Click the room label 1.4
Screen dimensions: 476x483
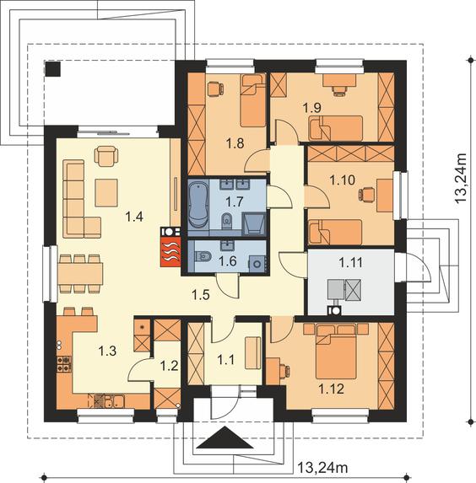[x=134, y=217]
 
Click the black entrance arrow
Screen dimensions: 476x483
[x=224, y=437]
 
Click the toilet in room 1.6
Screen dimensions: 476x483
[x=203, y=256]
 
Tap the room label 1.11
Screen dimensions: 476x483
[x=350, y=263]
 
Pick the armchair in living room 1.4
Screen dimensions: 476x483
[x=106, y=156]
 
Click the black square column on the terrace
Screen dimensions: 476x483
[x=53, y=68]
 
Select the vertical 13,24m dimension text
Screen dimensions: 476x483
[x=462, y=177]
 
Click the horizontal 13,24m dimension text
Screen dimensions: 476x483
[x=322, y=468]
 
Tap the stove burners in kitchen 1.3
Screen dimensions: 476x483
[x=64, y=364]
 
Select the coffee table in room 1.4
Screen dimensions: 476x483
[x=106, y=192]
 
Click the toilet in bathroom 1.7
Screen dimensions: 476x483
[x=227, y=221]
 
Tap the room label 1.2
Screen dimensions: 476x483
[x=169, y=366]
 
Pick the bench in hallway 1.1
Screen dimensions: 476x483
[x=252, y=352]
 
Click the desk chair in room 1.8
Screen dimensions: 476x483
[x=215, y=89]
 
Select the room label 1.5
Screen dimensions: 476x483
[x=201, y=295]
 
